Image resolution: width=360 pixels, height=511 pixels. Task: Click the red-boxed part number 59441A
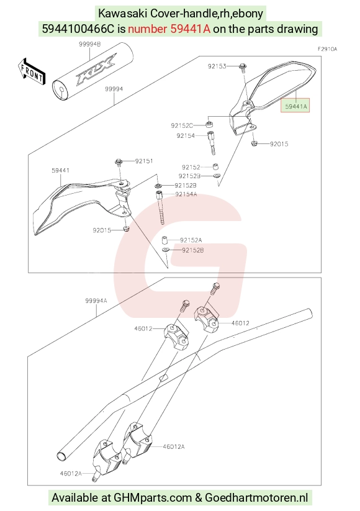(296, 106)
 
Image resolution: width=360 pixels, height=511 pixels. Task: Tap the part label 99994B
(89, 44)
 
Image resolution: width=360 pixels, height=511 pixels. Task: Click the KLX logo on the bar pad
(96, 69)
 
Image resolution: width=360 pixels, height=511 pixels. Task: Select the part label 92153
(217, 66)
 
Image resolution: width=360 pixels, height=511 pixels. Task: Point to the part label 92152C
(182, 125)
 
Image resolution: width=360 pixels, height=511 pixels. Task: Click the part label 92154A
(186, 194)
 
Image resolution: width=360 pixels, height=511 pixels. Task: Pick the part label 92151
(144, 161)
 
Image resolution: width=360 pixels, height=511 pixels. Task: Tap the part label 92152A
(191, 240)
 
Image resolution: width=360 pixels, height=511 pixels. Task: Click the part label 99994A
(96, 301)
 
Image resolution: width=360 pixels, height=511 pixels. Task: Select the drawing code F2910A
(328, 49)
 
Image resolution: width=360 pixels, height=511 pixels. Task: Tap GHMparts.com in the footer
(153, 497)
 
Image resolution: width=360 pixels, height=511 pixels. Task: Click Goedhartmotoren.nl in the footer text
(256, 497)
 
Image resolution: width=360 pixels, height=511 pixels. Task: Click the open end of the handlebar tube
(62, 456)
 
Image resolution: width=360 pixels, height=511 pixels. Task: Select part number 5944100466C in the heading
(78, 29)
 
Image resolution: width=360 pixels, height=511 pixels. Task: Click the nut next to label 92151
(119, 162)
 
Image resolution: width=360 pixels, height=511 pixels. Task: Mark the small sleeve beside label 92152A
(165, 240)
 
